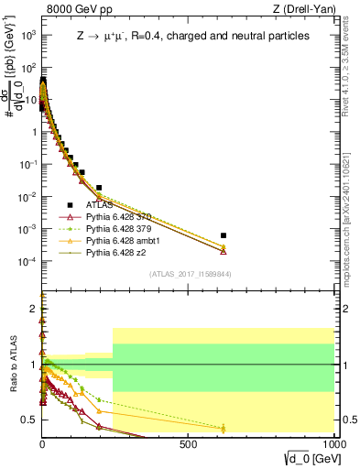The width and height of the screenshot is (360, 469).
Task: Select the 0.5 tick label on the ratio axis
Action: [28, 420]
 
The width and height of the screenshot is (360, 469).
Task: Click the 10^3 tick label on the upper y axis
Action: [28, 35]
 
